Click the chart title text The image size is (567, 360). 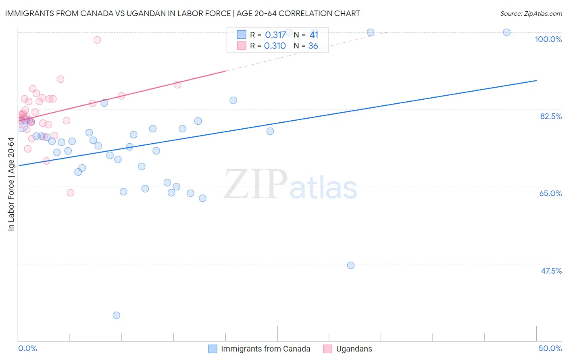pyautogui.click(x=183, y=13)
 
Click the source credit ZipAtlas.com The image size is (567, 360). pyautogui.click(x=531, y=13)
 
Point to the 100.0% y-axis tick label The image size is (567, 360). pyautogui.click(x=548, y=39)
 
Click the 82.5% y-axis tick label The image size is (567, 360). pyautogui.click(x=551, y=116)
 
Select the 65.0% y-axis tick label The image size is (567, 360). pyautogui.click(x=550, y=193)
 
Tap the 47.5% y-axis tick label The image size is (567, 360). pyautogui.click(x=551, y=271)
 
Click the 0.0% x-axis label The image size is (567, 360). pyautogui.click(x=27, y=348)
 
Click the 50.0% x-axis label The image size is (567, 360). pyautogui.click(x=550, y=348)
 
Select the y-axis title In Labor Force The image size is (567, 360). pyautogui.click(x=11, y=184)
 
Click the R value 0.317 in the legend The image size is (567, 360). pyautogui.click(x=275, y=35)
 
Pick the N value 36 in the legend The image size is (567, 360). pyautogui.click(x=313, y=46)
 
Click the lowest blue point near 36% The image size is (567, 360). pyautogui.click(x=117, y=315)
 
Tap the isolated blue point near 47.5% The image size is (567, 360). pyautogui.click(x=351, y=265)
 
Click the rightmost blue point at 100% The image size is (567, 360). pyautogui.click(x=507, y=32)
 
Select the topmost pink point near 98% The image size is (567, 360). pyautogui.click(x=97, y=40)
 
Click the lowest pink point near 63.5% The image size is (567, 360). pyautogui.click(x=71, y=193)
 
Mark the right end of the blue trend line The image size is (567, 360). pyautogui.click(x=536, y=80)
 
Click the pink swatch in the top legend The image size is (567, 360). pyautogui.click(x=242, y=46)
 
